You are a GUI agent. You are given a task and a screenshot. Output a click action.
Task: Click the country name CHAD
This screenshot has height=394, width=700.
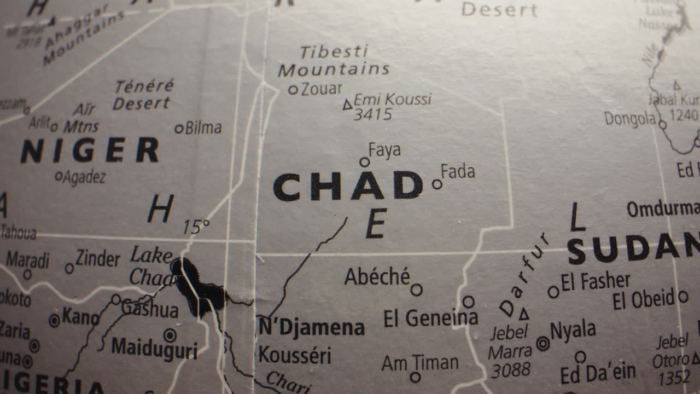(348, 186)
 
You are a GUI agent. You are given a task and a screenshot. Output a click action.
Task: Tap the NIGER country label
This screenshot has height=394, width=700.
(90, 150)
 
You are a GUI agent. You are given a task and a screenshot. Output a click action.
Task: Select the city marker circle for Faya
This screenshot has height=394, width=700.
(365, 162)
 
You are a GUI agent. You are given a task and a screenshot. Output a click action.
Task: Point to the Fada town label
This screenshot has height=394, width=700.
(458, 172)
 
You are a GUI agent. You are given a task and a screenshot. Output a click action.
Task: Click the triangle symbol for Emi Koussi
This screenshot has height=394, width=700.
(347, 105)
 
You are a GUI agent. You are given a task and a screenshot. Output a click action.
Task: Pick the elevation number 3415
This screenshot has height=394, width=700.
(373, 115)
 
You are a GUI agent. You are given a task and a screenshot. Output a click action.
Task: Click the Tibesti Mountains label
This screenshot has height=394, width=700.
(334, 61)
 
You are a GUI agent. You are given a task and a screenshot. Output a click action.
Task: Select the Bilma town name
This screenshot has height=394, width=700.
(203, 128)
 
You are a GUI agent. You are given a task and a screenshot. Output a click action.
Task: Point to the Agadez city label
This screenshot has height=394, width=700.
(84, 177)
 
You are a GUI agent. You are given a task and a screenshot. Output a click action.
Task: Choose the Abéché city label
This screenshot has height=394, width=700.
(377, 277)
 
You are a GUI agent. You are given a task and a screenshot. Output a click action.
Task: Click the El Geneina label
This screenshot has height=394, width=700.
(430, 318)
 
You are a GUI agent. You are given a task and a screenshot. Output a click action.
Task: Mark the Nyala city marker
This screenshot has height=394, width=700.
(543, 344)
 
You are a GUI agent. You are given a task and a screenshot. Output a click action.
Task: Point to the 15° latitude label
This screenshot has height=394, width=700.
(196, 227)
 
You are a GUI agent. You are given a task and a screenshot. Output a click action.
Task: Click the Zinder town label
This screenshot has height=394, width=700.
(97, 259)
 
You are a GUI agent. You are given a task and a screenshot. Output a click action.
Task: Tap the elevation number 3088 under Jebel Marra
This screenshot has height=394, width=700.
(511, 370)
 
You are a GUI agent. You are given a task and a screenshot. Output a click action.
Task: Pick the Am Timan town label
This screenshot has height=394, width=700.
(420, 363)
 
